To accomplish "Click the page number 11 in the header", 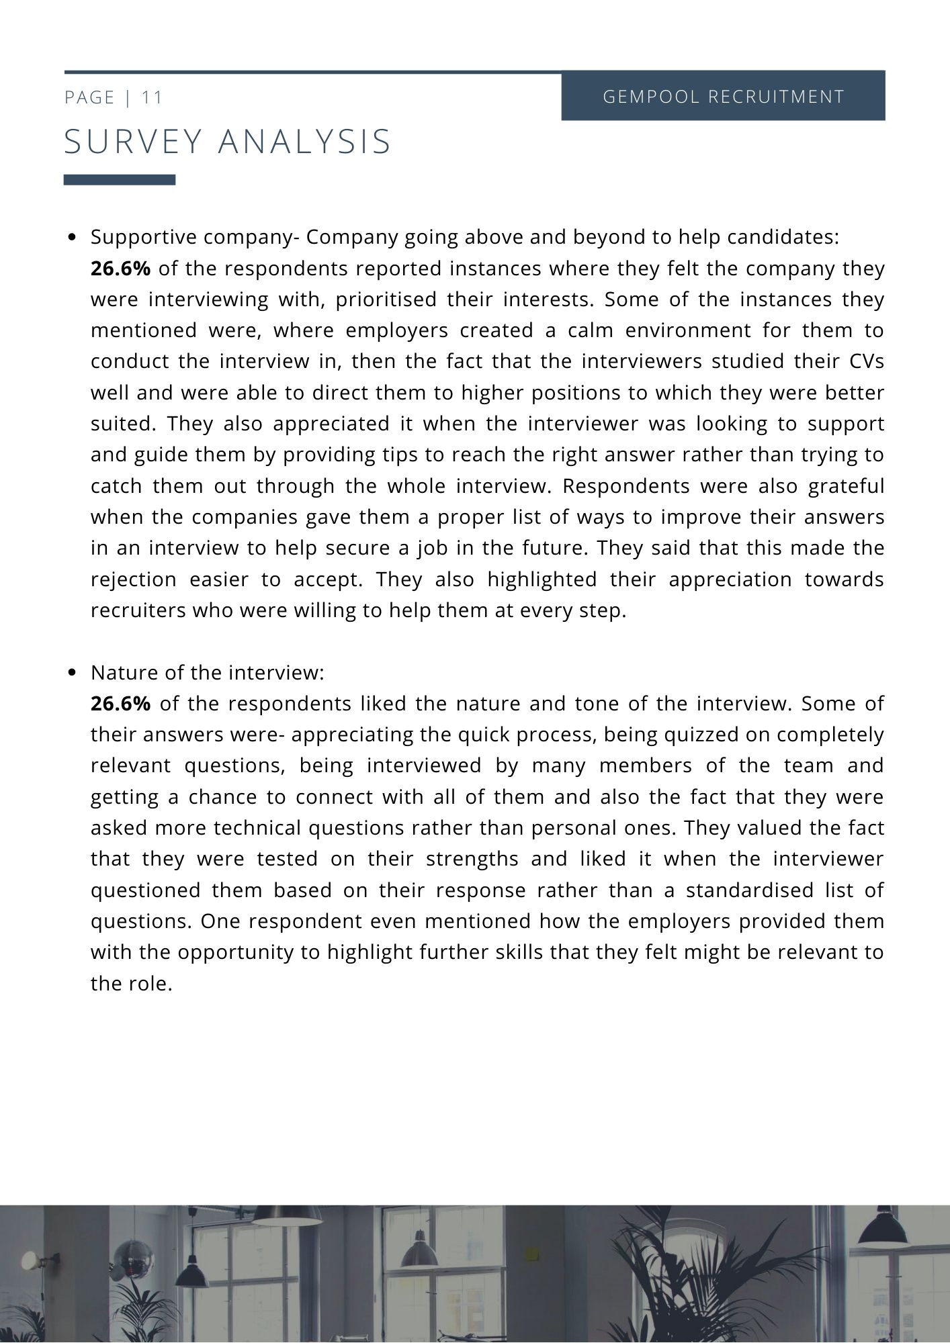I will pyautogui.click(x=152, y=97).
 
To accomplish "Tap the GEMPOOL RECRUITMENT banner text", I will pyautogui.click(x=723, y=97).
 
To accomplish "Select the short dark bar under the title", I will pyautogui.click(x=120, y=180).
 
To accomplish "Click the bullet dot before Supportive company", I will pyautogui.click(x=73, y=238).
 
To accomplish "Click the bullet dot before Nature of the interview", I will pyautogui.click(x=73, y=673).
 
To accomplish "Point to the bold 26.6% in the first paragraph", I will pyautogui.click(x=120, y=269).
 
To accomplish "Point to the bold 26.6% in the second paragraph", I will pyautogui.click(x=120, y=704).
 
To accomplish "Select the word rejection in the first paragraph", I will pyautogui.click(x=133, y=580).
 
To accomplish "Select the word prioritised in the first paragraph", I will pyautogui.click(x=386, y=299).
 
